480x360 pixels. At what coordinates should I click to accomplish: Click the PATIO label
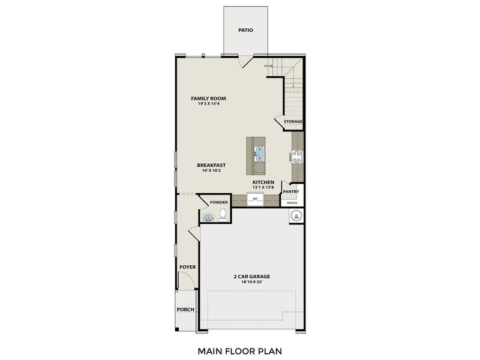point(245,29)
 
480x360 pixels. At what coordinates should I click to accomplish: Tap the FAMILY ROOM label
point(208,98)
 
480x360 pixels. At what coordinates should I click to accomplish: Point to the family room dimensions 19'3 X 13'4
point(208,104)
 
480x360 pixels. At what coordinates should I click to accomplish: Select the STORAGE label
point(293,122)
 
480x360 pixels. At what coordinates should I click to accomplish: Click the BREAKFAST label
point(211,165)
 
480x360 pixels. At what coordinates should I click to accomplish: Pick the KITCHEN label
point(263,182)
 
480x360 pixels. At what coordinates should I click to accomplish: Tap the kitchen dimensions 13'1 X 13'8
point(263,187)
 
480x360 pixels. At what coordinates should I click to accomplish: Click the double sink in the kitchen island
point(259,154)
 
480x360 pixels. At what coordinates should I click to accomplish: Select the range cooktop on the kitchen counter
point(298,157)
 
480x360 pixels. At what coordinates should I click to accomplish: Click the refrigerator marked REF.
point(256,200)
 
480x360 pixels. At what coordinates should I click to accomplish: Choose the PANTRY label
point(291,192)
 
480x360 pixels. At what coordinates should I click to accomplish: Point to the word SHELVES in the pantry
point(292,203)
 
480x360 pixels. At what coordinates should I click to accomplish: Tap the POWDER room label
point(218,202)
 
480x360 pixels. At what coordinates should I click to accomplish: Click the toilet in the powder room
point(223,214)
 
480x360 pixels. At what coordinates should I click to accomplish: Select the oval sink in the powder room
point(208,217)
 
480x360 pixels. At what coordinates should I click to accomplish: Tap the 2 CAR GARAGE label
point(252,277)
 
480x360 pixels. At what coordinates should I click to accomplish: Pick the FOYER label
point(187,266)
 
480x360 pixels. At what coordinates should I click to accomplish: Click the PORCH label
point(185,310)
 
